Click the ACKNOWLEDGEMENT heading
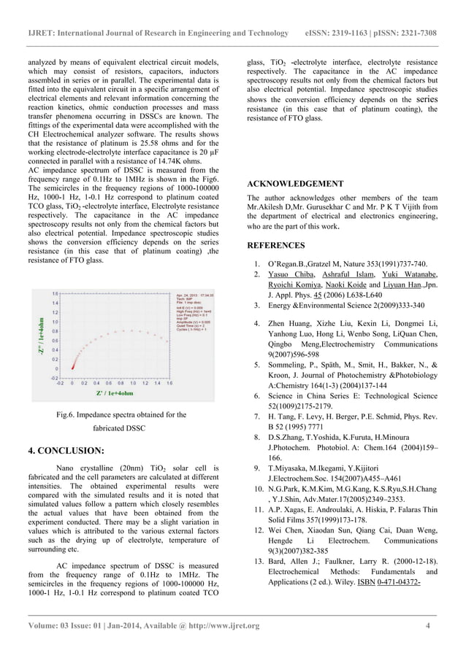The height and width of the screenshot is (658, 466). point(295,183)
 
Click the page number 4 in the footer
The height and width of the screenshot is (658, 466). point(427,626)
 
